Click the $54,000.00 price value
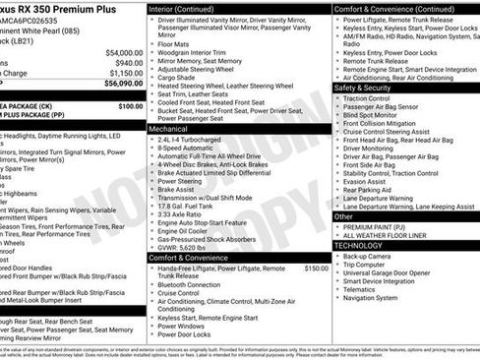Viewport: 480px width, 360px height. tap(123, 52)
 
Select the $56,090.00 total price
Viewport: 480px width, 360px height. tap(123, 84)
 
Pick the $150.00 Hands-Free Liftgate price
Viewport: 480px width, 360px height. tap(316, 268)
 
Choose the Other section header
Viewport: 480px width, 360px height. tap(343, 216)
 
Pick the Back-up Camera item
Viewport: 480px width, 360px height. tap(369, 257)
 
